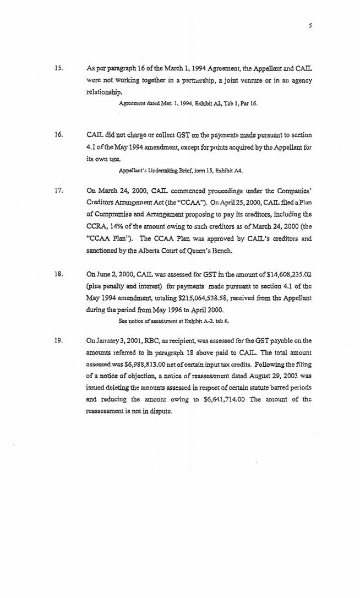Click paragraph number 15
[x=58, y=69]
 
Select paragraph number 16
[x=58, y=134]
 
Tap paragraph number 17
[x=58, y=192]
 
